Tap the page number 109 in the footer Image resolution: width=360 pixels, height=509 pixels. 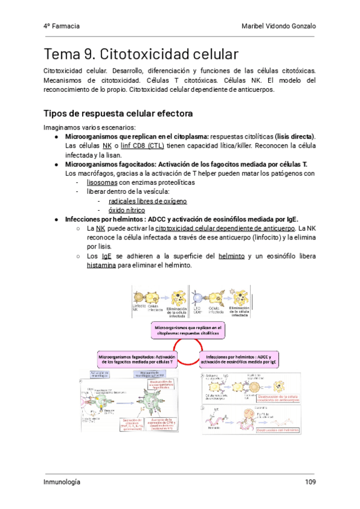pos(310,482)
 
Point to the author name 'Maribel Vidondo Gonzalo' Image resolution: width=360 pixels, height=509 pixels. pos(278,26)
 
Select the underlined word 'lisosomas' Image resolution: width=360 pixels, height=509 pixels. pos(102,182)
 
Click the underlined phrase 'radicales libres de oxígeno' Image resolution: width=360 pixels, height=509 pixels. pos(148,201)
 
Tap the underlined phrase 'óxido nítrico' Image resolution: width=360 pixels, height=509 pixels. pos(127,210)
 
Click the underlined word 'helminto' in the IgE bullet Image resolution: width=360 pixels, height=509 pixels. pos(231,256)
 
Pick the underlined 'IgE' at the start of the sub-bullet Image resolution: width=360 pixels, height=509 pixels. pos(107,256)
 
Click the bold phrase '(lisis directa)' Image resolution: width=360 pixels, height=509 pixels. pos(292,137)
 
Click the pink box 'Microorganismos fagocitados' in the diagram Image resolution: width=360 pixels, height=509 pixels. pos(135,359)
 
